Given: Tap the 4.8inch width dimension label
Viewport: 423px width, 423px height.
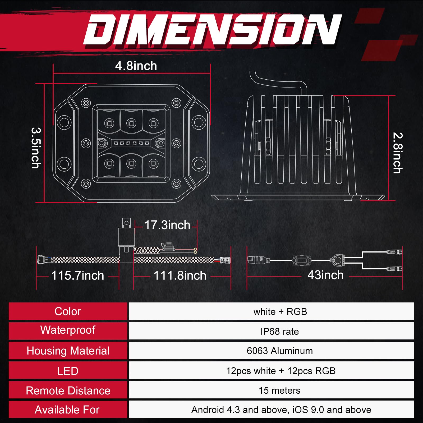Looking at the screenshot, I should (136, 66).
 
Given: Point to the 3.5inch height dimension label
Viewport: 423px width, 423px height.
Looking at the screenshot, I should (36, 148).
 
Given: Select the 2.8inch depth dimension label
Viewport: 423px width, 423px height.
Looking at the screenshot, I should (397, 153).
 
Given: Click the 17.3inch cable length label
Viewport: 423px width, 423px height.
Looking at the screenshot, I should (167, 225).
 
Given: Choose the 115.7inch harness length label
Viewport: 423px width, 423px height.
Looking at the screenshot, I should (77, 275).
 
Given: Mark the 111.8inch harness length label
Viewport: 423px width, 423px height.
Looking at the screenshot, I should (180, 275).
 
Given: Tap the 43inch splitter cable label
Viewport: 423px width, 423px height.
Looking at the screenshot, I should (325, 275).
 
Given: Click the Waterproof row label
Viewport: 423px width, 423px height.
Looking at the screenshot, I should (68, 330).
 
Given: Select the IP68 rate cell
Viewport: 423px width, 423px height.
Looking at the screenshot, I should (279, 331).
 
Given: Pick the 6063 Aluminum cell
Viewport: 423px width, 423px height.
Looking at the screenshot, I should (279, 351).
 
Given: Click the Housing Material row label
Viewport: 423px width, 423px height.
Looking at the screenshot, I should (68, 351).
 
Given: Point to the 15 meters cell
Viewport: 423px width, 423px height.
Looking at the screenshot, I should (279, 390).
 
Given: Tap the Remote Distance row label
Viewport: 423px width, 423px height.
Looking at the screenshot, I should (68, 390).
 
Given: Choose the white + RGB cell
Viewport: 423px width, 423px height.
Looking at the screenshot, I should (280, 312).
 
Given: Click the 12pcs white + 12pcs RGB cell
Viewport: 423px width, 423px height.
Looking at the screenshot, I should (281, 371).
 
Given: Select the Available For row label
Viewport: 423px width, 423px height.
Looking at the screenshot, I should (67, 410).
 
